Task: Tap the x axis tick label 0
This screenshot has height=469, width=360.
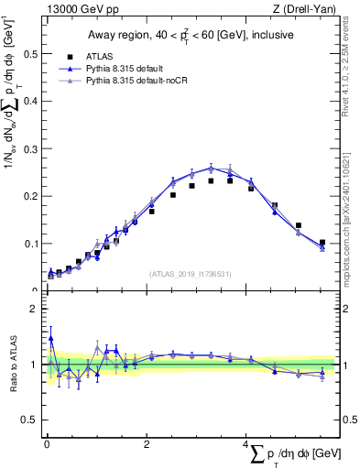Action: (x=47, y=444)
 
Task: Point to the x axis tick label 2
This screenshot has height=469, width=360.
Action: (x=147, y=444)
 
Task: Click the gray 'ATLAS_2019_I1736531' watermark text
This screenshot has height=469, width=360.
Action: (x=191, y=273)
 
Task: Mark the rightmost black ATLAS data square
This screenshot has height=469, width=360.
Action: (x=322, y=243)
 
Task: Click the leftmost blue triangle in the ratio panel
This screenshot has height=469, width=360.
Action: (x=50, y=338)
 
